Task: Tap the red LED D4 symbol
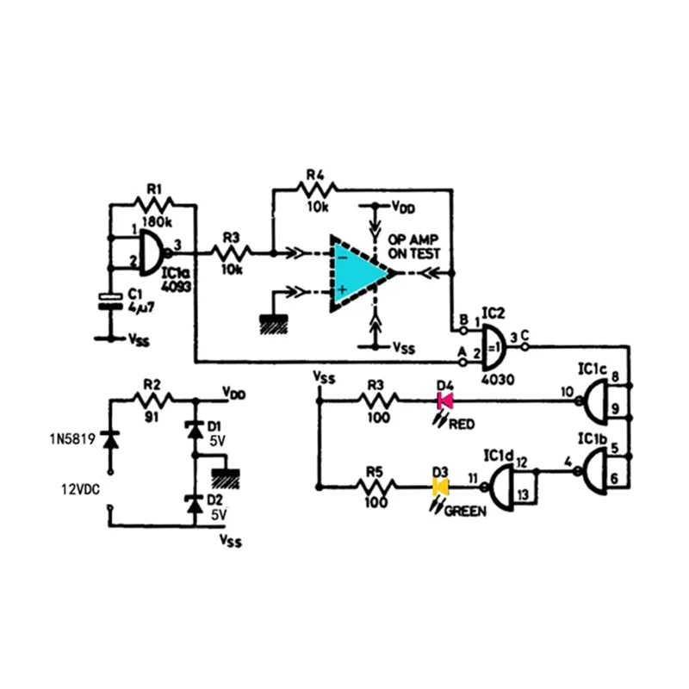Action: pos(445,400)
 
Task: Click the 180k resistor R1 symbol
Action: pos(154,205)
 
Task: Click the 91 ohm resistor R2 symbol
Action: pos(152,399)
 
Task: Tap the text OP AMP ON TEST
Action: pos(414,246)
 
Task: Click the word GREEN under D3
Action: pos(465,511)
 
